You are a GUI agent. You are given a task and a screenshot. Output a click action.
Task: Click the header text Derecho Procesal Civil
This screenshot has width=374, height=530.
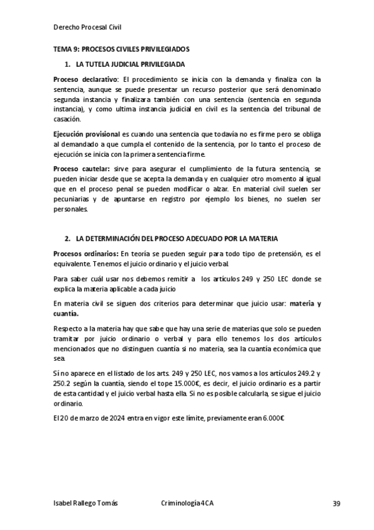[x=87, y=27]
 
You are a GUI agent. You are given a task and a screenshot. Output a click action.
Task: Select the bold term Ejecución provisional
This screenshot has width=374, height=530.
[x=87, y=134]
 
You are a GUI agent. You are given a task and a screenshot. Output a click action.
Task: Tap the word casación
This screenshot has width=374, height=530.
[x=67, y=119]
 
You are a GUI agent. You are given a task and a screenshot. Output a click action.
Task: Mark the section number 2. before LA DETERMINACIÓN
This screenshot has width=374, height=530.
[x=67, y=239]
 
